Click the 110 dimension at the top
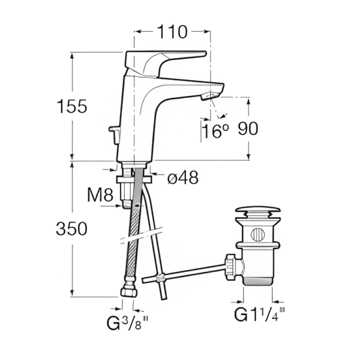pos(172,32)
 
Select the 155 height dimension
pos(72,106)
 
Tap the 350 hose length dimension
pos(71,229)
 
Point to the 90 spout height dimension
pos(248,128)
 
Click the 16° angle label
pos(216,131)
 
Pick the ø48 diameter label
pos(183,178)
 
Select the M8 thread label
pos(100,195)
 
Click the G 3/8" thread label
pos(127,323)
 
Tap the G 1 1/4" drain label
pos(259,314)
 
